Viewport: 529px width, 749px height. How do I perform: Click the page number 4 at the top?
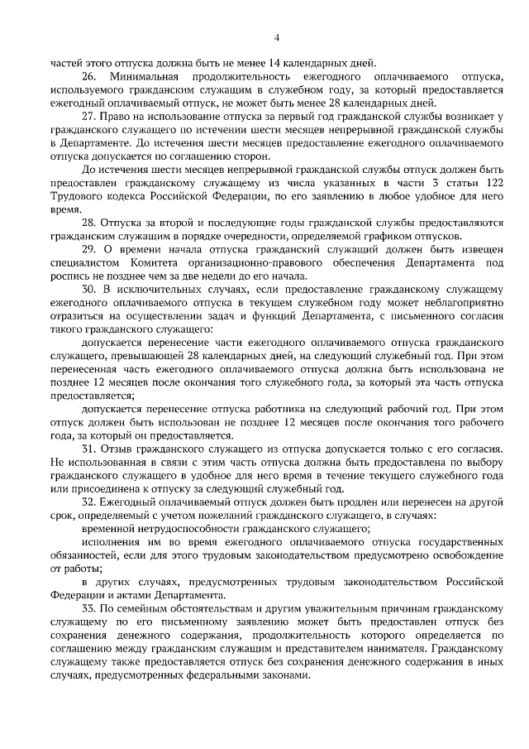point(277,37)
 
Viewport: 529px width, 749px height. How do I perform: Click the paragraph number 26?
point(89,75)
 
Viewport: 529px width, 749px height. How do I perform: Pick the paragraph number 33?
point(89,608)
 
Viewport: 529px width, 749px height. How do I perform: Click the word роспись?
point(71,277)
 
